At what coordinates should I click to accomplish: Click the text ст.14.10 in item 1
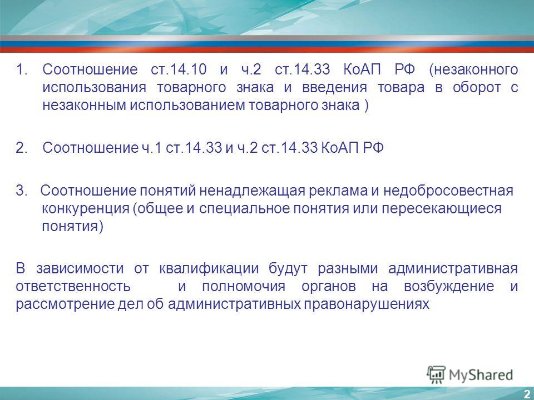(179, 69)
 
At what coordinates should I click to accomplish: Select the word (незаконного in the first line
(473, 70)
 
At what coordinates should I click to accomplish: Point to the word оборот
(477, 88)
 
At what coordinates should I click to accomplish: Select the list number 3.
(21, 191)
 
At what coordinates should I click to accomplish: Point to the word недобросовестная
(448, 191)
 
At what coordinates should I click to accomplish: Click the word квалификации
(209, 269)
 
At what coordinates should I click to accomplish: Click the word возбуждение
(449, 287)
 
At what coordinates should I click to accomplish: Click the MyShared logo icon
(436, 375)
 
